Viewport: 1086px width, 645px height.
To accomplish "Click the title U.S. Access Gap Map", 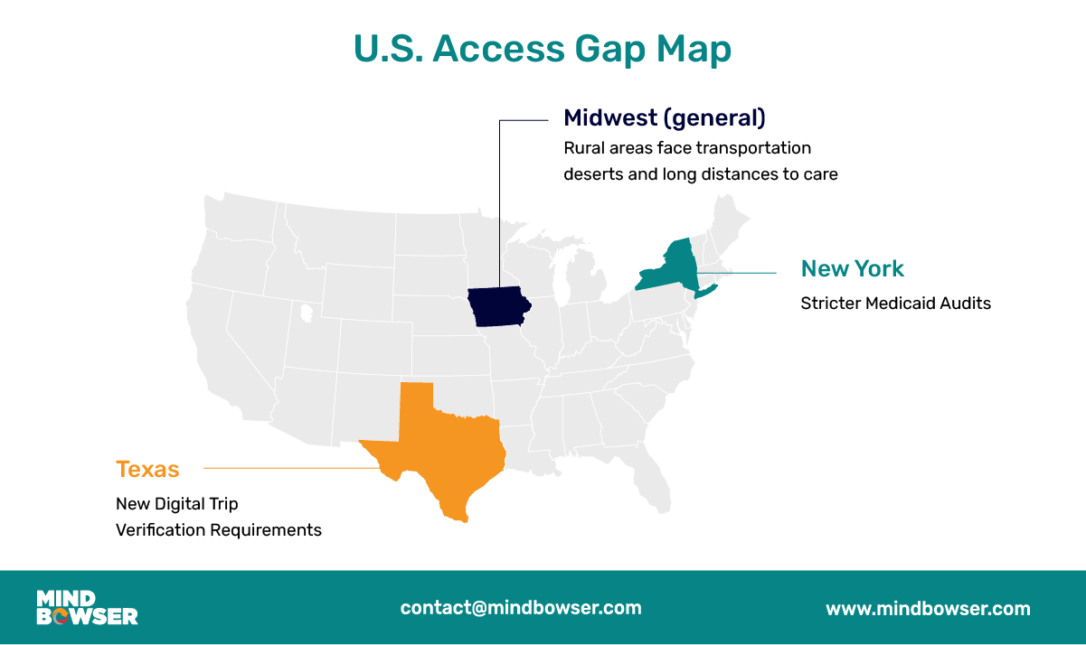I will [x=543, y=50].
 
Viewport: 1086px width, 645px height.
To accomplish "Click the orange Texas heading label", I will [x=147, y=470].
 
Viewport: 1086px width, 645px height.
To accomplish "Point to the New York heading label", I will [x=852, y=268].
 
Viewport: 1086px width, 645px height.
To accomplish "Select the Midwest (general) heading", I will [x=664, y=117].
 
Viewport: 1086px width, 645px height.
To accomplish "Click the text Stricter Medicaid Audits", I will [x=895, y=304].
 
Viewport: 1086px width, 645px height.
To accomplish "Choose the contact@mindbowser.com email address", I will [x=521, y=607].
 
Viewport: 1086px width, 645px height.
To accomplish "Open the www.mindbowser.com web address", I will [x=928, y=609].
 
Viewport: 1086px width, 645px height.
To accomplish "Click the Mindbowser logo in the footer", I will [x=87, y=607].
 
